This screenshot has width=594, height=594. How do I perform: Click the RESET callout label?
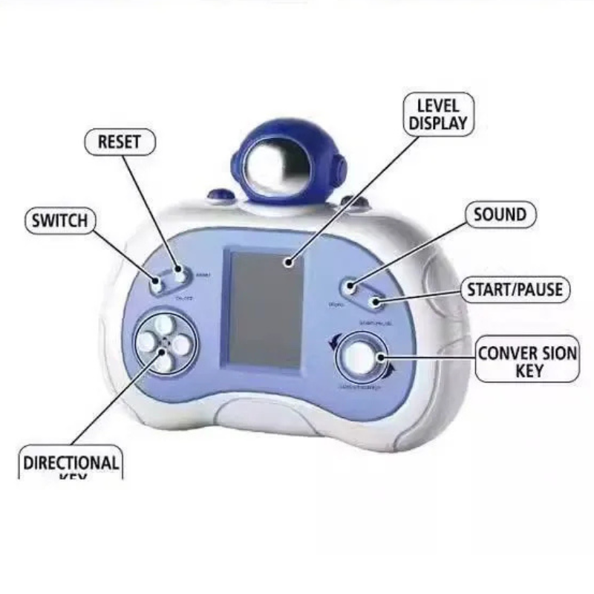tap(119, 142)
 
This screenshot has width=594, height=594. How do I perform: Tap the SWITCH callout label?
tap(59, 221)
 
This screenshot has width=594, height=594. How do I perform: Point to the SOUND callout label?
tap(500, 215)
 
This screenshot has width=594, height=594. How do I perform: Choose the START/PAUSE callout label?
tap(515, 290)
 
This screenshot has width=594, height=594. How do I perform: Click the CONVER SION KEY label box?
tap(526, 361)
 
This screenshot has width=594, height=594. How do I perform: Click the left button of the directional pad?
tap(146, 341)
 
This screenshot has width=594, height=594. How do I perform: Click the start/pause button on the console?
tap(376, 301)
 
